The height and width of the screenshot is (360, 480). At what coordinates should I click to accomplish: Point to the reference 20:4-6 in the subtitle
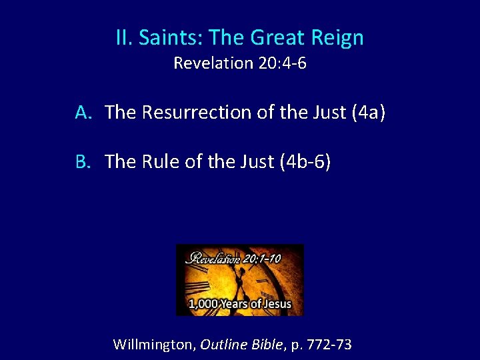click(x=280, y=63)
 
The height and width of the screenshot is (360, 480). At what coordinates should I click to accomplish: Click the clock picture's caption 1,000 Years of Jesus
click(x=240, y=304)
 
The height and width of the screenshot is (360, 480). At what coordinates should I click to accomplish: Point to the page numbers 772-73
click(x=327, y=345)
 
